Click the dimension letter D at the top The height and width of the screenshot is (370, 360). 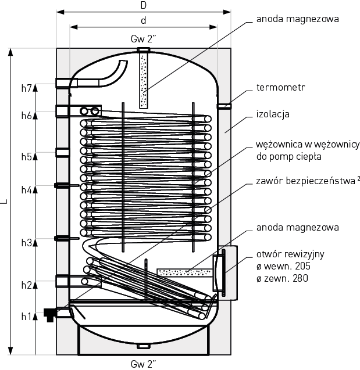pos(143,5)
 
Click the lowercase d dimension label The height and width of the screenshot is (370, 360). pos(143,20)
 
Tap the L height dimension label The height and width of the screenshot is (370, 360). pos(5,202)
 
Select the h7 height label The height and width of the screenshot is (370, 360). pos(26,88)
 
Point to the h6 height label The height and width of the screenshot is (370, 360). pos(26,115)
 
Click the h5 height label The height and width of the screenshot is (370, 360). pos(26,156)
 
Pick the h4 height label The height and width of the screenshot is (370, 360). pos(26,189)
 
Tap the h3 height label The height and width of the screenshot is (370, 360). pos(26,243)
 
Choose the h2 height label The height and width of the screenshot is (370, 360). pos(26,285)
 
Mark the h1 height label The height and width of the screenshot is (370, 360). pos(26,316)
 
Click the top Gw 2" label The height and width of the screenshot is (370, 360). pos(143,39)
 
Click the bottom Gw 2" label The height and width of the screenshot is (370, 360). pos(143,364)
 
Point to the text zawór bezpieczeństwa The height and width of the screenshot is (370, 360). pos(302,181)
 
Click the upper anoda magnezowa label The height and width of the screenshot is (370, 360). pos(297,19)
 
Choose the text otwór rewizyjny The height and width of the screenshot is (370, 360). pos(290,254)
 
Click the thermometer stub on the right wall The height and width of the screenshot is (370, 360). pos(224,106)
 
